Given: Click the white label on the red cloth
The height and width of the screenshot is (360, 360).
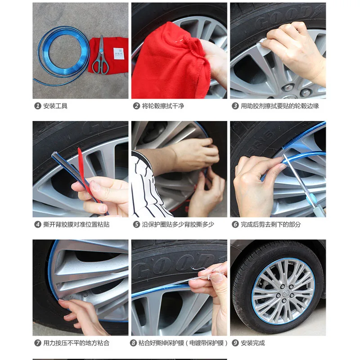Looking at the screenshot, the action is click(119, 54).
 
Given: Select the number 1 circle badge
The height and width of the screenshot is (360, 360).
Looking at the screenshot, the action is click(38, 106).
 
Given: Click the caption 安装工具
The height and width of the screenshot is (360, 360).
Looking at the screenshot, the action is click(55, 106).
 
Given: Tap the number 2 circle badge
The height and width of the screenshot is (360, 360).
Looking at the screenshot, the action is click(136, 106).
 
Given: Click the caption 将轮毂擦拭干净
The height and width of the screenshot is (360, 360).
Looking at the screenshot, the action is click(163, 106).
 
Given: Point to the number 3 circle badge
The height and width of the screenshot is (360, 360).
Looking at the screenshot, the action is click(235, 106).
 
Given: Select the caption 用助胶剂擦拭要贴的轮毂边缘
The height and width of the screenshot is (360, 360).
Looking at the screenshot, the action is click(280, 106).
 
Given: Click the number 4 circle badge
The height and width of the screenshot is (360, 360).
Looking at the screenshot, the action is click(38, 225).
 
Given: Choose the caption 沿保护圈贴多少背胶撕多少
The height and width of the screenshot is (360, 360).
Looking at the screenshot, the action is click(178, 225).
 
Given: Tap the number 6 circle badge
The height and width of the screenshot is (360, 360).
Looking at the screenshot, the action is click(235, 225).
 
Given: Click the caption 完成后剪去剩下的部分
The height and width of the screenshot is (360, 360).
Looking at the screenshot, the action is click(271, 225).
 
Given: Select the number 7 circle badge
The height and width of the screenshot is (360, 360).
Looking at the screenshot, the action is click(38, 343).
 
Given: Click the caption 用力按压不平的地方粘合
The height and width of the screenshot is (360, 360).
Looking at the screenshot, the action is click(76, 343).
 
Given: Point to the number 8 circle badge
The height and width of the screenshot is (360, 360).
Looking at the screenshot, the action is click(133, 343).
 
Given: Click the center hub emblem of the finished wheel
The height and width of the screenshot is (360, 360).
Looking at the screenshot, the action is click(285, 293).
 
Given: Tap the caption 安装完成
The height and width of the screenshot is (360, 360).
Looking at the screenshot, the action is click(253, 343).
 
